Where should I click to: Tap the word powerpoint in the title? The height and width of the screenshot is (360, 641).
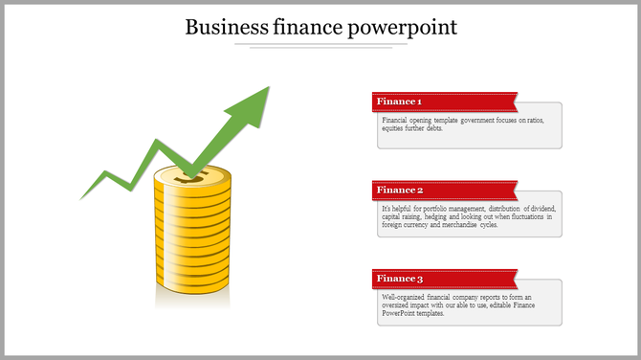406,27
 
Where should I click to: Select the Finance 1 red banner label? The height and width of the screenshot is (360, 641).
400,101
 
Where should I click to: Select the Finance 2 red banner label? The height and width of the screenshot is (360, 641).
400,190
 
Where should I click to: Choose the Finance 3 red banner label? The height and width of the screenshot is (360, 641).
400,279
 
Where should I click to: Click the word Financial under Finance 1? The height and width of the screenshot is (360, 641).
396,121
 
